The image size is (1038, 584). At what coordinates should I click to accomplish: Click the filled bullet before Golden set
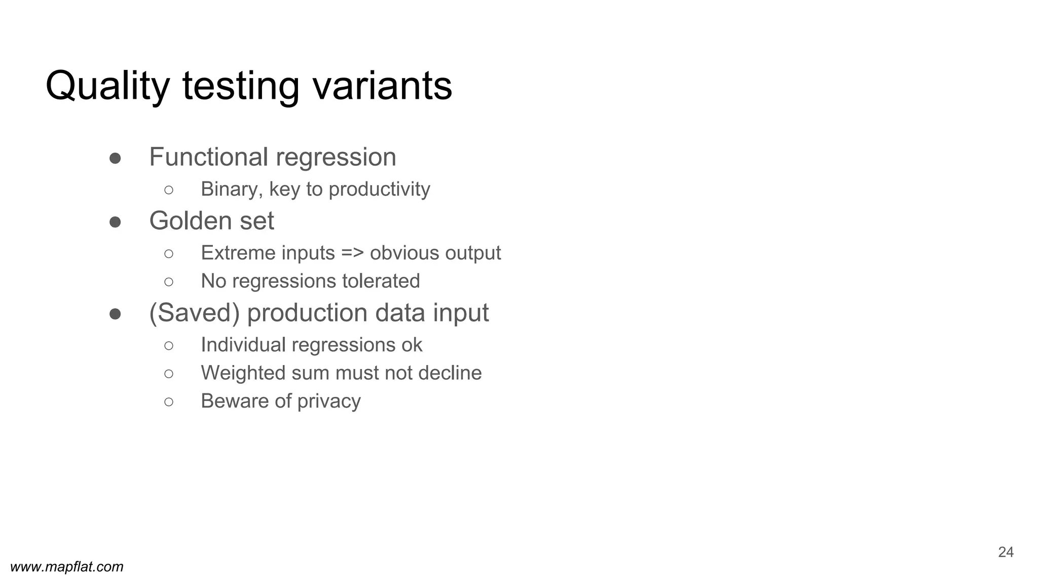tap(115, 222)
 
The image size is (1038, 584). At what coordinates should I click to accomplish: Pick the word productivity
tap(379, 190)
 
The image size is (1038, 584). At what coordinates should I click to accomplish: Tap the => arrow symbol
tap(352, 253)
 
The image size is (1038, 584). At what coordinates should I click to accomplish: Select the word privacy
tap(329, 401)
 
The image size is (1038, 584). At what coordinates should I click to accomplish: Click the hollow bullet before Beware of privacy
tap(169, 402)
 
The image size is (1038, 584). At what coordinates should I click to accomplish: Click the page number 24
tap(1006, 552)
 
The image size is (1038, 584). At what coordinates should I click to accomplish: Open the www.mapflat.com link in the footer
tap(67, 567)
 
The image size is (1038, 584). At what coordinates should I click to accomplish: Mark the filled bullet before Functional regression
tap(115, 158)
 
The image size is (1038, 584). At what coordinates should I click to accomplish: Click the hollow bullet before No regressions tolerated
tap(169, 282)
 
